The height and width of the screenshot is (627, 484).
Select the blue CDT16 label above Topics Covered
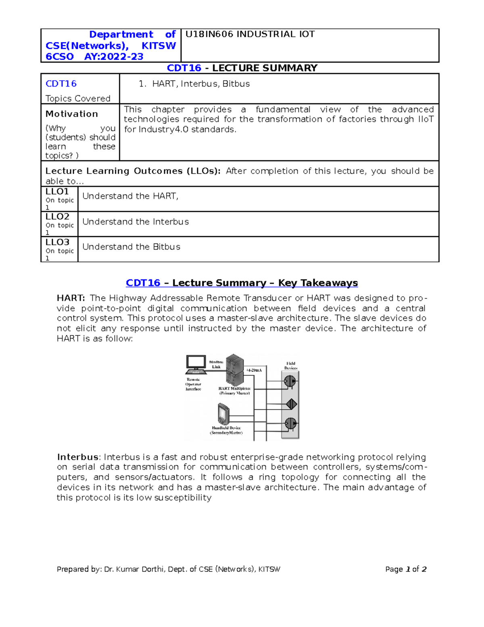point(61,84)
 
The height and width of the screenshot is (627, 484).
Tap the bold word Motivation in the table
point(72,114)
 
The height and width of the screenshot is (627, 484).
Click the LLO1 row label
point(57,191)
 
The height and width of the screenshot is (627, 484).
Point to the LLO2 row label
point(57,217)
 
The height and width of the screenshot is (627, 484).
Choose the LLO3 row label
point(57,242)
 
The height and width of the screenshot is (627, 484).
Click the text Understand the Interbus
point(136,222)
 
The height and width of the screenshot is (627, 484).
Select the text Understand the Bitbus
point(131,247)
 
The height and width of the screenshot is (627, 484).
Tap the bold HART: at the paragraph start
point(71,298)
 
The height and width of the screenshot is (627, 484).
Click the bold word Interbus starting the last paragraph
point(78,457)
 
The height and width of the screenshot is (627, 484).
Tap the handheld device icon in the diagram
point(223,414)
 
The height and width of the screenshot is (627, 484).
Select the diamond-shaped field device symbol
point(291,404)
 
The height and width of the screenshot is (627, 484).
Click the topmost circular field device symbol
point(290,381)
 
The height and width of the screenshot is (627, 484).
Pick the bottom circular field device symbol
point(290,424)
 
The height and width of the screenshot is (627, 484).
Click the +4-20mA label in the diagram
point(254,370)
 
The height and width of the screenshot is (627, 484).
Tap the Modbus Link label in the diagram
point(216,365)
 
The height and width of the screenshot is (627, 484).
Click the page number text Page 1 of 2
point(405,569)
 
